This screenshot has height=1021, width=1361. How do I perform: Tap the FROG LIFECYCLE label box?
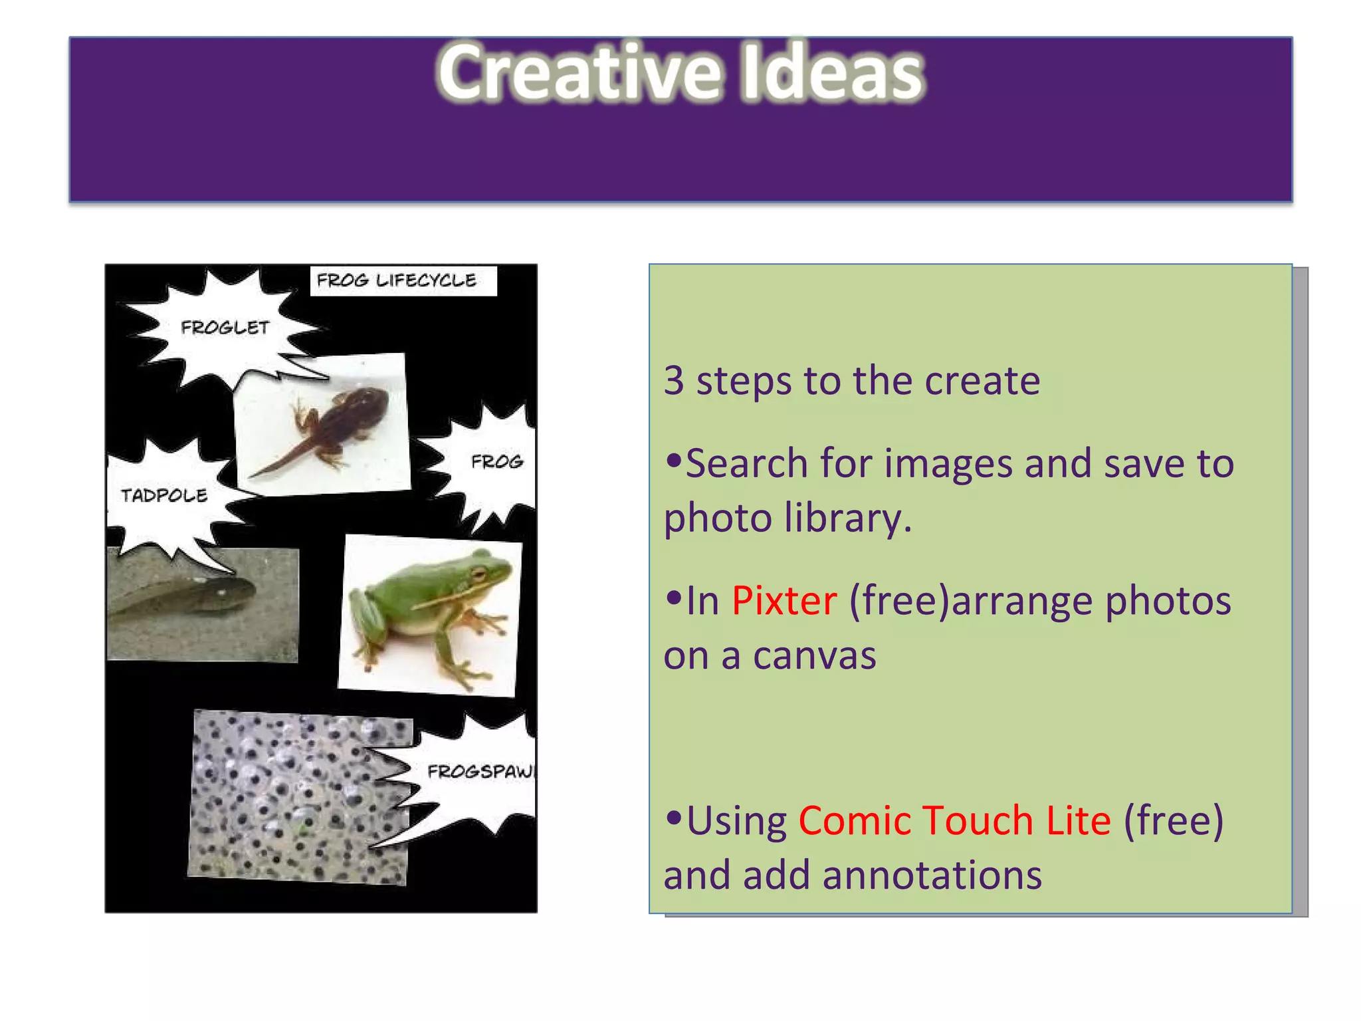403,281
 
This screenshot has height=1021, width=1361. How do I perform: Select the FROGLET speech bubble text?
225,328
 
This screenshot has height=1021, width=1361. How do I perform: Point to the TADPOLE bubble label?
164,496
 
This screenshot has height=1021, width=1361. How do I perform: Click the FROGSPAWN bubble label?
480,772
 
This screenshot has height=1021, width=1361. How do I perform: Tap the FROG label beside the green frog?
497,461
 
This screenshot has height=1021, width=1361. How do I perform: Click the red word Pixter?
784,601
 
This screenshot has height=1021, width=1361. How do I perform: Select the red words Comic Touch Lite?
954,820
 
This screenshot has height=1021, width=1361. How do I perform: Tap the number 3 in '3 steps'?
674,381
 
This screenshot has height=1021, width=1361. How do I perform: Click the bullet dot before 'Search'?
674,460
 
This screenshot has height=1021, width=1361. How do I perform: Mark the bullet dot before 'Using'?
674,818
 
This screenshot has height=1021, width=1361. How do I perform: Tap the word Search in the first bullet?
746,463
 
